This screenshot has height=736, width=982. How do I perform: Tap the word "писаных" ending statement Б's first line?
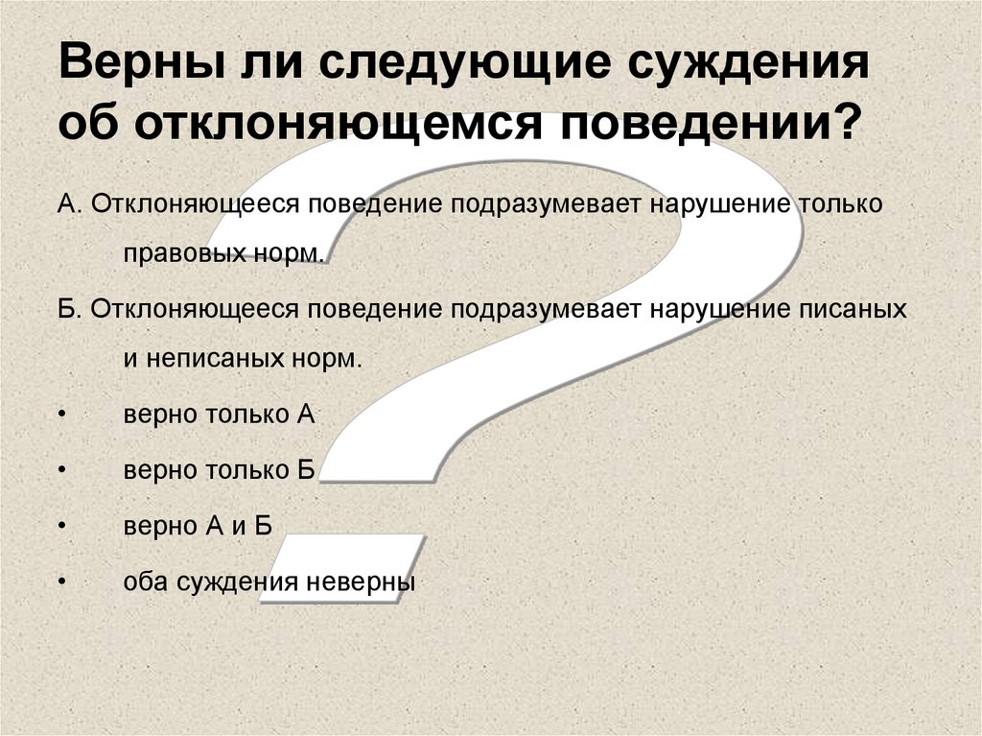[853, 310]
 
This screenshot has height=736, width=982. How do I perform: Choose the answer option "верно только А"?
[220, 415]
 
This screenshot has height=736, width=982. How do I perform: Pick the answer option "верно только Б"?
[220, 470]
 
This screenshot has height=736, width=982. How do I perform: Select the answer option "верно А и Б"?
[199, 525]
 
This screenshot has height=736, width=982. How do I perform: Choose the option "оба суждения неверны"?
[269, 581]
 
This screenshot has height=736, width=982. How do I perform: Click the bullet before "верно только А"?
[62, 415]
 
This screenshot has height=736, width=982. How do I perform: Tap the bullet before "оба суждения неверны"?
[62, 581]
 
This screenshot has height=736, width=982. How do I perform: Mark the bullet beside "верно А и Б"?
[62, 525]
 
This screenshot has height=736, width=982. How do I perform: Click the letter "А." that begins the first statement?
[68, 205]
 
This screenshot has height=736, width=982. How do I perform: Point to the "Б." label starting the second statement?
[68, 310]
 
